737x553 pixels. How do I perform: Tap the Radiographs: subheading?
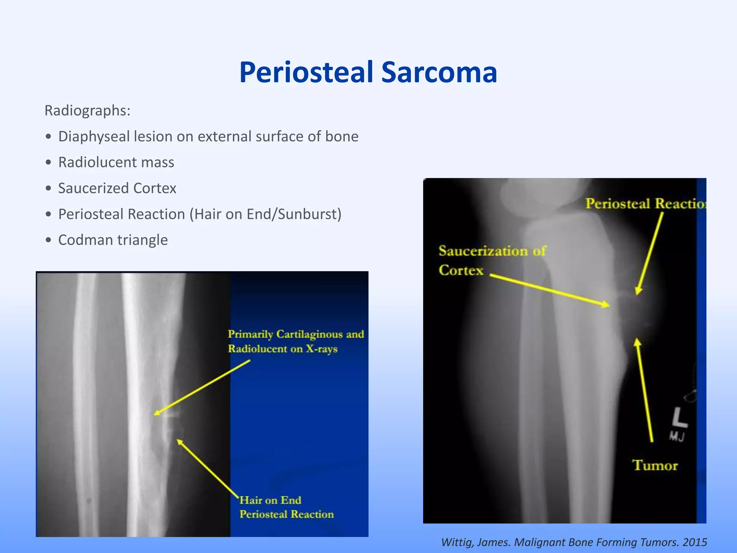click(x=87, y=111)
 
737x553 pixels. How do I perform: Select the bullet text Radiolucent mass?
click(x=116, y=162)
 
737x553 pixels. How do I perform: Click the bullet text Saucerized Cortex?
click(x=117, y=188)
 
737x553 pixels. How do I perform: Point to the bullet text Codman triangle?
click(x=113, y=240)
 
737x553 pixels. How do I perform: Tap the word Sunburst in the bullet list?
click(x=308, y=214)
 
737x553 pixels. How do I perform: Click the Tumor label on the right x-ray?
click(x=655, y=466)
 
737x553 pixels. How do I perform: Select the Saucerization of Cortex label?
click(x=492, y=260)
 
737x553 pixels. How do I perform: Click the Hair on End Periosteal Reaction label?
click(x=286, y=507)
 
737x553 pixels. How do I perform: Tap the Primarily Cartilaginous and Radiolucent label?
click(x=295, y=341)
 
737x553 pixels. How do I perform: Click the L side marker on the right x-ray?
click(x=679, y=418)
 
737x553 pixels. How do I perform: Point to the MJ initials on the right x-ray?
click(x=677, y=437)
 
